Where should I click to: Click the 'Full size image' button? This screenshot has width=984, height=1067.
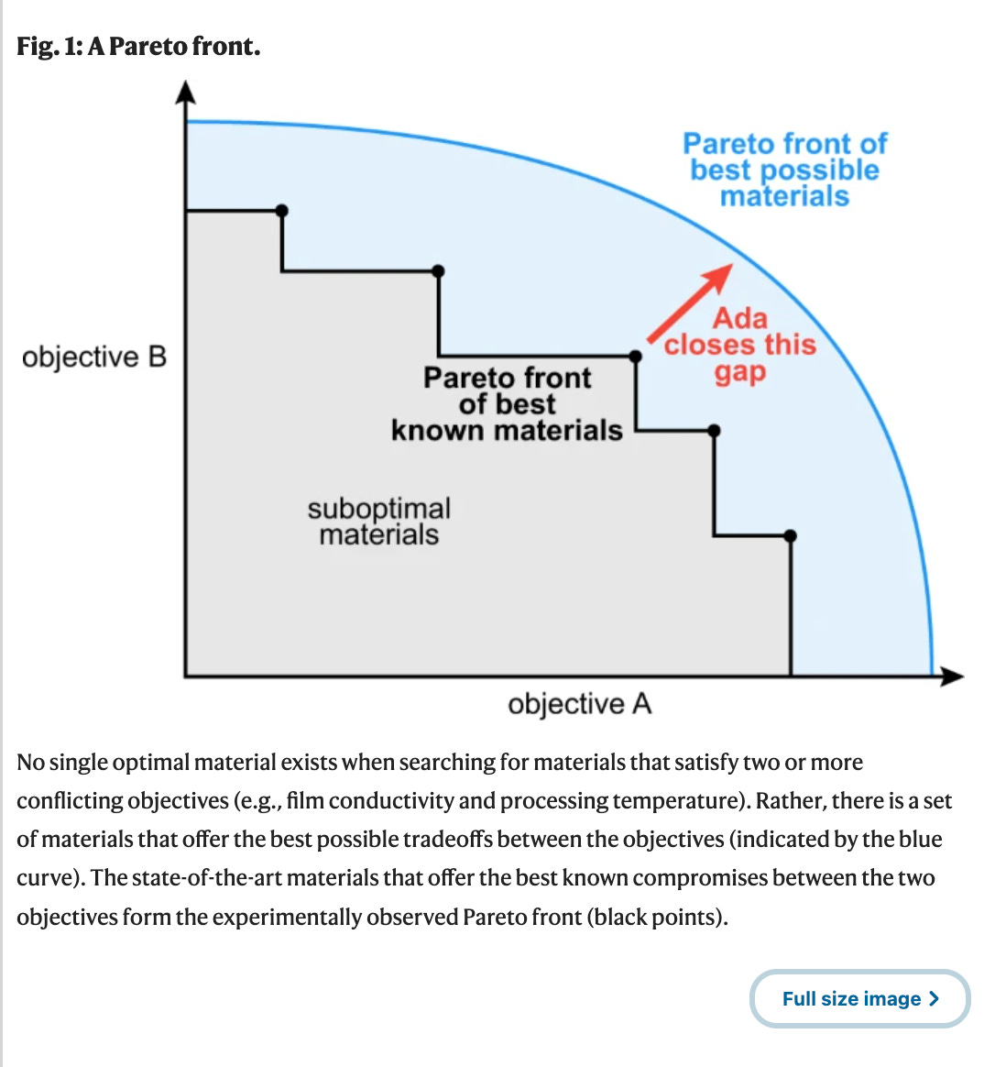[x=859, y=998]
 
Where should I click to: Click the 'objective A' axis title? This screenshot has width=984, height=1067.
[x=579, y=704]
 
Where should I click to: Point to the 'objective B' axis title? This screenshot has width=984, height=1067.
[x=94, y=357]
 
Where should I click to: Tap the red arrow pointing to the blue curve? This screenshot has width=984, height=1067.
[x=689, y=302]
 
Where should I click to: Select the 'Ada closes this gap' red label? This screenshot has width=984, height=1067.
[x=739, y=345]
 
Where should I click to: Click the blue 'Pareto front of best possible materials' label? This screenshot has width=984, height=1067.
[x=784, y=170]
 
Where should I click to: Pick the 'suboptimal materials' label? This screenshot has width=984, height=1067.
[x=378, y=521]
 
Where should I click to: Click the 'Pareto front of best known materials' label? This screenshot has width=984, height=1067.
[x=507, y=404]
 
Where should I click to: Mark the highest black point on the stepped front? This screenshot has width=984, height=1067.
[x=282, y=211]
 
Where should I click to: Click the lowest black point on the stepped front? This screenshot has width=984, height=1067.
[x=791, y=535]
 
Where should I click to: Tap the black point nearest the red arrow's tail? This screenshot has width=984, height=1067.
[x=636, y=356]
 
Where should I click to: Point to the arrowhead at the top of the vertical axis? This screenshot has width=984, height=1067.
[x=186, y=92]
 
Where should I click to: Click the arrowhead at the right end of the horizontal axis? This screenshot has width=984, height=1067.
[x=953, y=676]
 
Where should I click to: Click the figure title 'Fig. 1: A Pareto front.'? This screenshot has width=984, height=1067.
[x=138, y=46]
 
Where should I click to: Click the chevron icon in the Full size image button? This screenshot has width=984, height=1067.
[x=934, y=998]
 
